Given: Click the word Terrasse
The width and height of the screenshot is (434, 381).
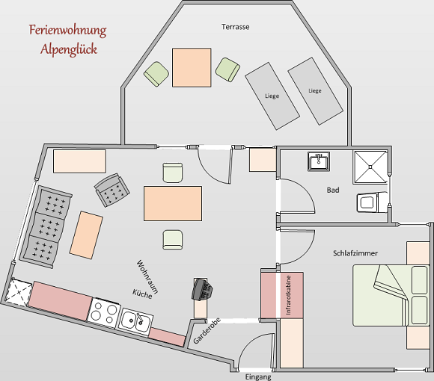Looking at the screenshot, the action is coord(235,27).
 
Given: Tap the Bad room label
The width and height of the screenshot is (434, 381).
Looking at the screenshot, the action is coord(333,190).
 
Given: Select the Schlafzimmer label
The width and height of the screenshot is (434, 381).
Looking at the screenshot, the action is coord(355,253).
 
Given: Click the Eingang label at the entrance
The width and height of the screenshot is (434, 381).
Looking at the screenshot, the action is coord(258,377).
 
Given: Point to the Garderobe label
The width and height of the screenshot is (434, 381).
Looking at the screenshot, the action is coord(207,331).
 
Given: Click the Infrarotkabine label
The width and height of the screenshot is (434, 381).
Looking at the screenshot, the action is coord(288,295).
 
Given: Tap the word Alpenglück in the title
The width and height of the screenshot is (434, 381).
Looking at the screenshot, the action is coord(69,49).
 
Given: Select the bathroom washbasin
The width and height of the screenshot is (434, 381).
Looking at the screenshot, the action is coord(319,161).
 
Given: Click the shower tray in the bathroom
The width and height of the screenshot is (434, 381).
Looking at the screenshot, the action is coord(370,167).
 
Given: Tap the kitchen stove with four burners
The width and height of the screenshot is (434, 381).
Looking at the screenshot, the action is coord(104,312).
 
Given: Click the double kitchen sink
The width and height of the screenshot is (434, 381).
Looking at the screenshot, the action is coord(135,321).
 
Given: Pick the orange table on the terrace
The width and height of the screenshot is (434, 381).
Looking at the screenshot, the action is coord(192,67).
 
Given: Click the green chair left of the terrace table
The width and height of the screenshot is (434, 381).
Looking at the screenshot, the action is coord(156,74).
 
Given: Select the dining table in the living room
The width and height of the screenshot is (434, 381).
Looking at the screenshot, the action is coord(173,203).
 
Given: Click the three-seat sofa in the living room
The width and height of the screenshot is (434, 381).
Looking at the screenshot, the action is coord(46,226).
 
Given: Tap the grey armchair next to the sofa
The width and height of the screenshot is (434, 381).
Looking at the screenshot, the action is coord(111,190).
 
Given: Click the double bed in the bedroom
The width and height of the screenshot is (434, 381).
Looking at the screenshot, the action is coord(391,295).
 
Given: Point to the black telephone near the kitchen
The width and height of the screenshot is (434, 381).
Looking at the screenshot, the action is coord(202,290).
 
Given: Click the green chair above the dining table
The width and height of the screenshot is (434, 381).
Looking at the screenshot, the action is coord(173,173).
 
